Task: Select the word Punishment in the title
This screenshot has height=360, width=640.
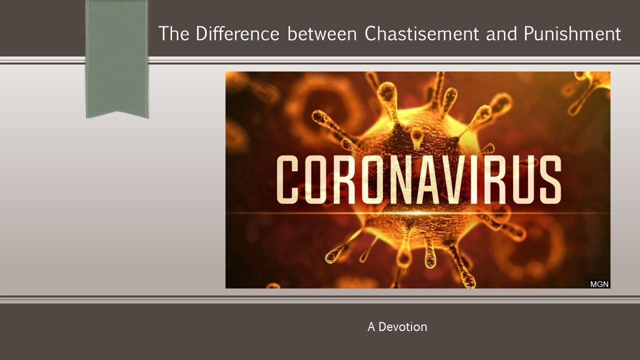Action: point(572,34)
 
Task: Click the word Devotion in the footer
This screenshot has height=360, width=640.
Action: point(403,327)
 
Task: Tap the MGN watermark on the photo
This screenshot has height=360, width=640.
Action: point(599,283)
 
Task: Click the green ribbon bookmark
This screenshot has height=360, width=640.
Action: point(117,55)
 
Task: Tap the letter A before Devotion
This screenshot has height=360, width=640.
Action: point(371,327)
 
